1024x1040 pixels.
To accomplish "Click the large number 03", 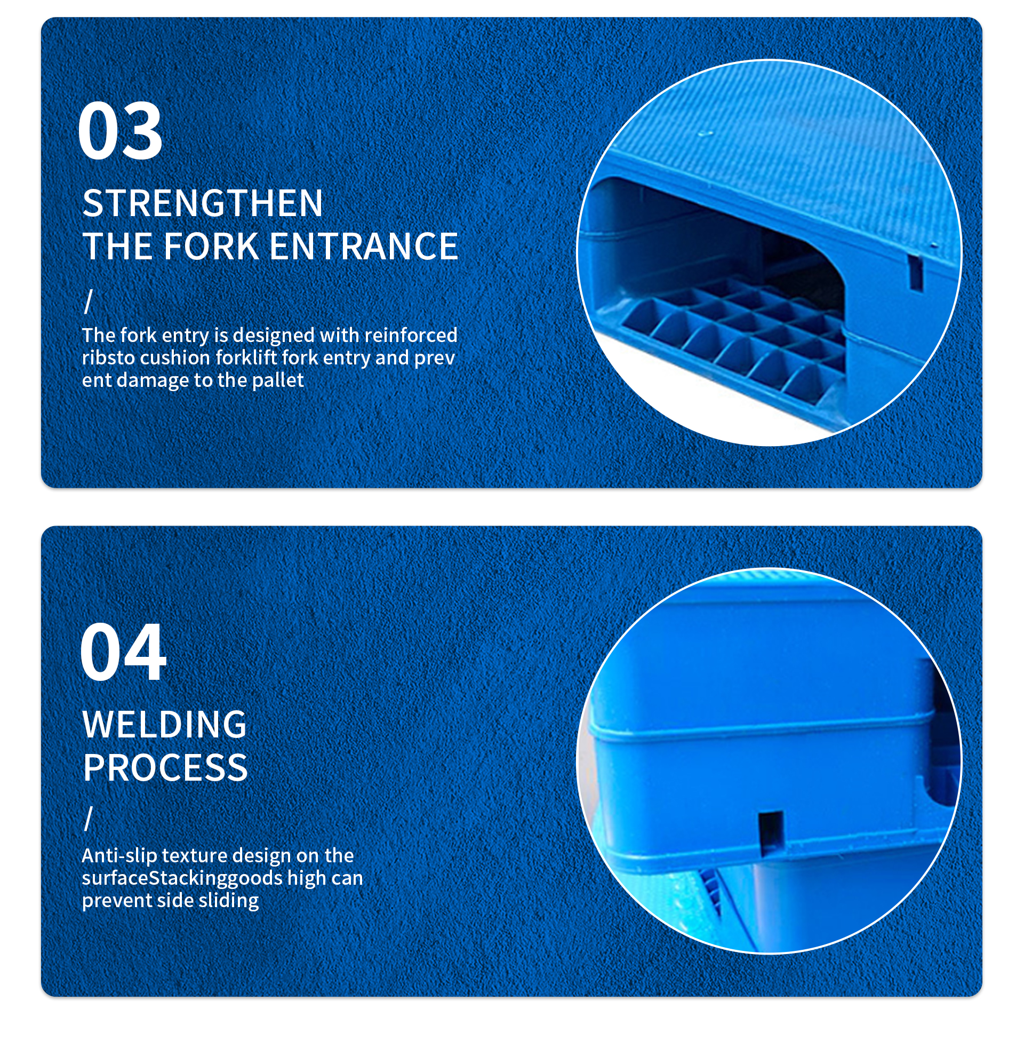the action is pos(120,131).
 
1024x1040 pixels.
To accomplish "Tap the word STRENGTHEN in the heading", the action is pos(203,203).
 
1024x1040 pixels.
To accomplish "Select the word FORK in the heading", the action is pos(211,247).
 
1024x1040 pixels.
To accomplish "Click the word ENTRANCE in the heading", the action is pos(364,247).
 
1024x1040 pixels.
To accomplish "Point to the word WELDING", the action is pos(165,724).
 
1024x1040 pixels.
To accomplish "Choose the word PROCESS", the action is pos(165,767).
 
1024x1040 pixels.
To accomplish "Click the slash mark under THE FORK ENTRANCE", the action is pos(89,301).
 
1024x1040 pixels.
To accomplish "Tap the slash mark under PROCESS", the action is pos(89,819).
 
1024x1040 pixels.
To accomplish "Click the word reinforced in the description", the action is pos(411,335).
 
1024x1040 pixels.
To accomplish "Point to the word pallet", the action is pos(277,380).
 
